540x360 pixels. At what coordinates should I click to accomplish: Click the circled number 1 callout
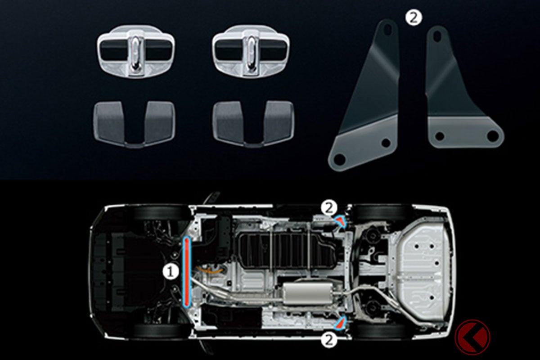point(171,272)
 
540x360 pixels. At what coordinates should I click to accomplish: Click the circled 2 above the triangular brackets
point(414,18)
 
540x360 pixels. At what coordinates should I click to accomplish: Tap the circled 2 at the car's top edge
point(329,208)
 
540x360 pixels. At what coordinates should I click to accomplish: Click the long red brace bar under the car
point(187,272)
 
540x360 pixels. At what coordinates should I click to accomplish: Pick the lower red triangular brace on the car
point(340,323)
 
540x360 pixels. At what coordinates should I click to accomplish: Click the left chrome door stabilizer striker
point(136,52)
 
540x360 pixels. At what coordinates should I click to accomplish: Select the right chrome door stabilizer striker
point(251,52)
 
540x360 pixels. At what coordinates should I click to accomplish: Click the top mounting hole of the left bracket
point(387,29)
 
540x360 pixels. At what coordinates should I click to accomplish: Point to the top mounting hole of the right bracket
point(437,36)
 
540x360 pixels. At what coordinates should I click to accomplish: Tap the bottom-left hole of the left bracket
point(340,159)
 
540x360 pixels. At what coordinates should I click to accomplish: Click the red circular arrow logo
point(472,337)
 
